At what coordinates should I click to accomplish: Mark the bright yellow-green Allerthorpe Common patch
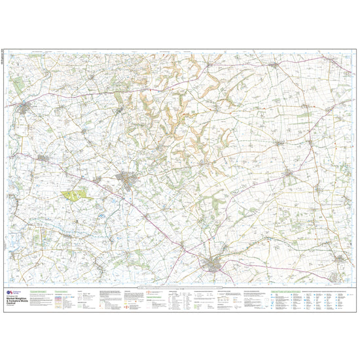(x=77, y=194)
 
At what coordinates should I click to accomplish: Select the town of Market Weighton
(x=213, y=264)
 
